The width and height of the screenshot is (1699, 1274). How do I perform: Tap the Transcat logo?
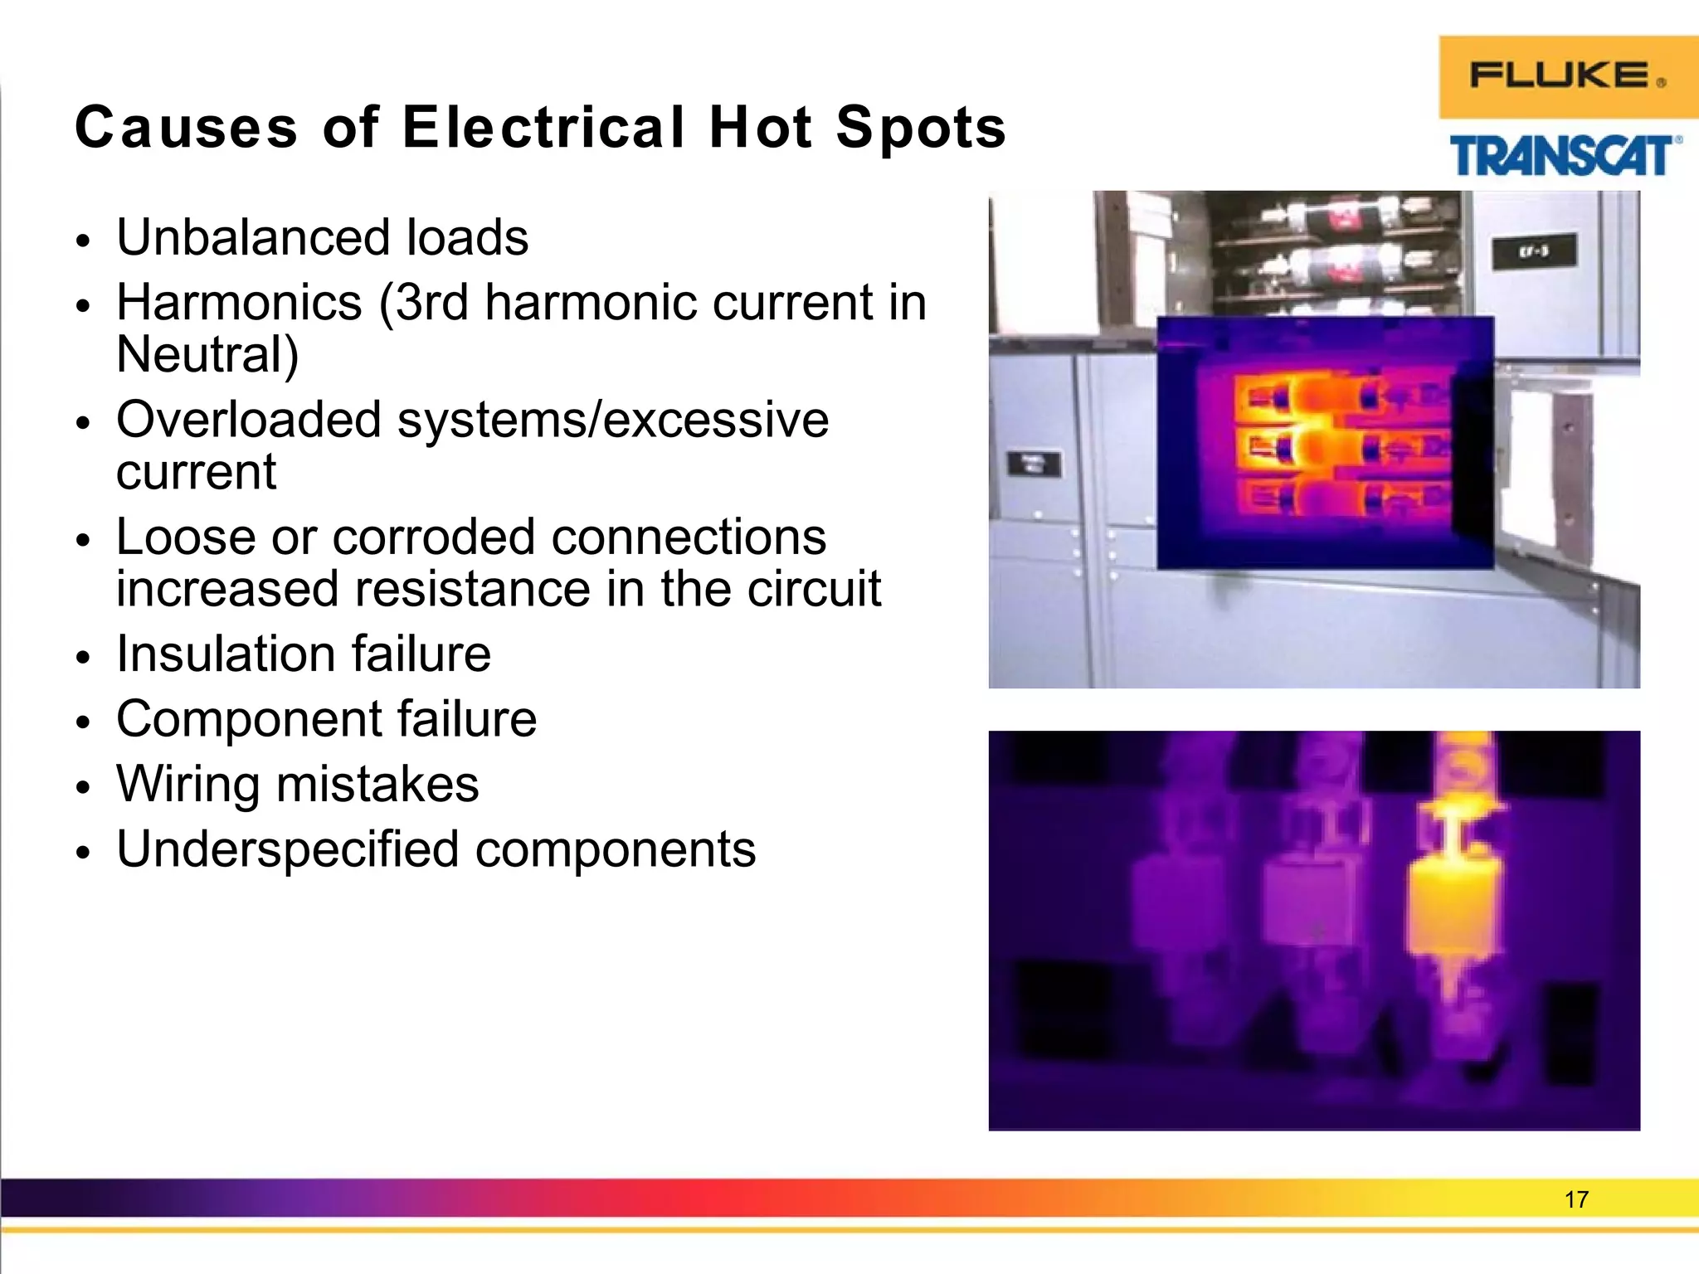(1565, 156)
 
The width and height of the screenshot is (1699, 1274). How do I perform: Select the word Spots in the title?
(921, 129)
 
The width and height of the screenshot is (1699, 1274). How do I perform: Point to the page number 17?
(1575, 1199)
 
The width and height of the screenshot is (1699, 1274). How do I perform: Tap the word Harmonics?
(239, 303)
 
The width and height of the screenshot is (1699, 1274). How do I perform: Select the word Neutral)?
(207, 355)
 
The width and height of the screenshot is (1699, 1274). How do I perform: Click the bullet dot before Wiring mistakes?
(81, 786)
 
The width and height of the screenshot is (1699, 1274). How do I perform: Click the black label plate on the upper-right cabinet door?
(1533, 252)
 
